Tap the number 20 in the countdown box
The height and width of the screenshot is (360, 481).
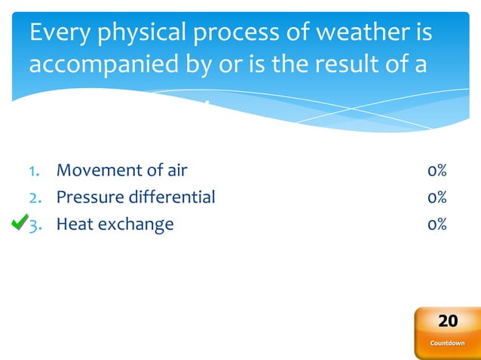448,322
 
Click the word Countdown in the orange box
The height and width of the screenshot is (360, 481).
448,343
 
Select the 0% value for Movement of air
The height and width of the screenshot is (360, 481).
437,170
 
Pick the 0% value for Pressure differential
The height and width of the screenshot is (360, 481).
437,197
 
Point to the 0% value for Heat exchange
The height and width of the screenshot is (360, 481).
437,224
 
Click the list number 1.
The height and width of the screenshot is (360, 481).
33,171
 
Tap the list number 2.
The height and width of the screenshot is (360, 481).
34,198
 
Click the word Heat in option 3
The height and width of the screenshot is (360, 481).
74,224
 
